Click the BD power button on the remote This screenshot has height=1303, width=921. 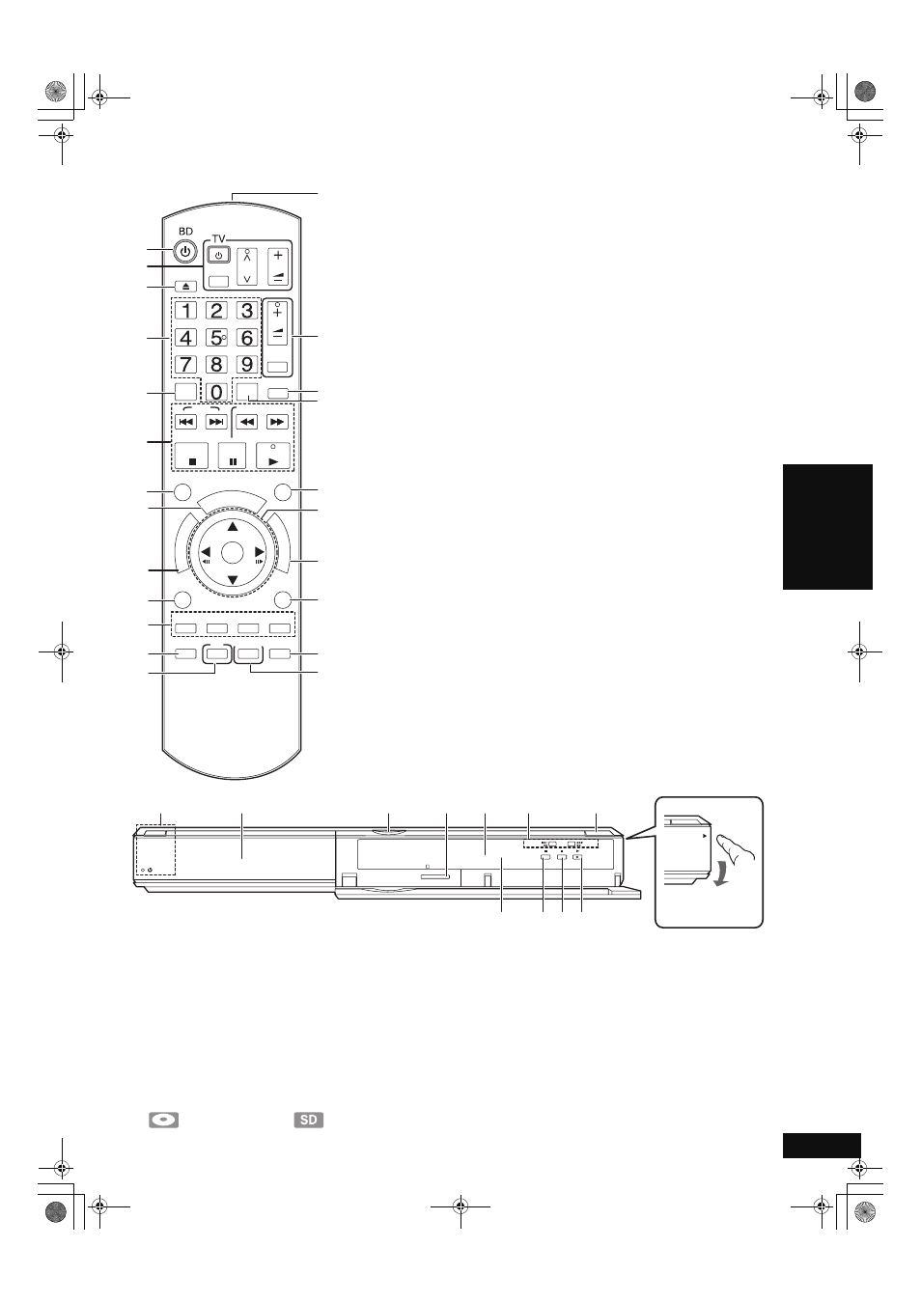coord(185,252)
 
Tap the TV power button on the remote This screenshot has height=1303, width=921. coord(219,256)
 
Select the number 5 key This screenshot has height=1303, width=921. coord(216,338)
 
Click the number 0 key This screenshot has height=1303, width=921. coord(216,392)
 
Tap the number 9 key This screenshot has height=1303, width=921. coord(247,364)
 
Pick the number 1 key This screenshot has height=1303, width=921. coord(186,311)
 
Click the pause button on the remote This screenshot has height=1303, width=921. coord(232,456)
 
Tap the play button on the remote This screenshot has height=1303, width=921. coord(273,456)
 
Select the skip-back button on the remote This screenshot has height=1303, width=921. coord(186,422)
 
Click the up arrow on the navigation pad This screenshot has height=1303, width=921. coord(233,527)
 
